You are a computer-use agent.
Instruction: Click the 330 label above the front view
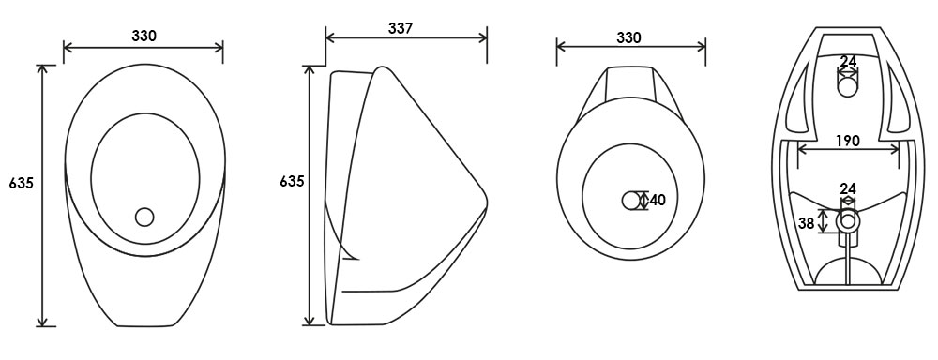pyautogui.click(x=144, y=36)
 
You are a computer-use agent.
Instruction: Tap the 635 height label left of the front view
pyautogui.click(x=21, y=184)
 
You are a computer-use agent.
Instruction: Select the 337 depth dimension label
pyautogui.click(x=401, y=29)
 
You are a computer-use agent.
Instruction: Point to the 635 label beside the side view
pyautogui.click(x=292, y=181)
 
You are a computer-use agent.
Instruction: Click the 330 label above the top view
pyautogui.click(x=628, y=37)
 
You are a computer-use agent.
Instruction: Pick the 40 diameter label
pyautogui.click(x=658, y=201)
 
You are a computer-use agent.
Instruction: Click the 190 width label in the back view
pyautogui.click(x=848, y=141)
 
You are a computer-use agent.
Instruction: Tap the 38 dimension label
pyautogui.click(x=807, y=223)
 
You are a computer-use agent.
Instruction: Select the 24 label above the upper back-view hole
pyautogui.click(x=848, y=61)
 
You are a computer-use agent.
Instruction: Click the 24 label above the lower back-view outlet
pyautogui.click(x=848, y=189)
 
